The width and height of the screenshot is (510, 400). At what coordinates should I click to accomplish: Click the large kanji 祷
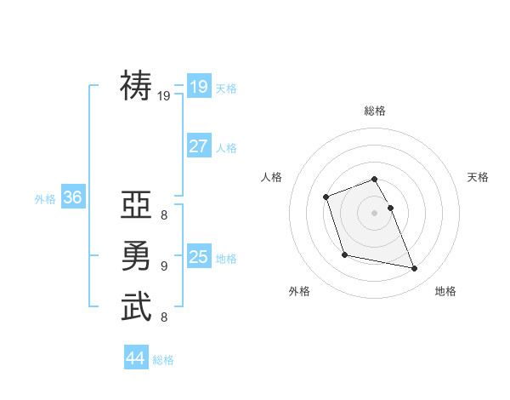click(x=137, y=87)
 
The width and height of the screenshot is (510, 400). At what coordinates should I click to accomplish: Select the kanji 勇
click(x=137, y=255)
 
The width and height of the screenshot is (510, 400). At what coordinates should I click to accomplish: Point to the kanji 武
click(x=137, y=306)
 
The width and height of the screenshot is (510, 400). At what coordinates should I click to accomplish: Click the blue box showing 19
click(x=198, y=86)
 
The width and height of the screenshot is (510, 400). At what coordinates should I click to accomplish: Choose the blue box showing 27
click(x=198, y=146)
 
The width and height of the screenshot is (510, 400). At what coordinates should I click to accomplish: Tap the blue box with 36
click(x=72, y=197)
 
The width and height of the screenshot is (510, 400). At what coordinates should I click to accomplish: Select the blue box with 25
click(x=198, y=256)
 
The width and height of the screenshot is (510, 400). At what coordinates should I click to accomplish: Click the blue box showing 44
click(x=135, y=358)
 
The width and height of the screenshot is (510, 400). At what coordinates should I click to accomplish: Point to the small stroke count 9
click(x=163, y=266)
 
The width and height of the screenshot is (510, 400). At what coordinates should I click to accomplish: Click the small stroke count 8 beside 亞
click(x=163, y=215)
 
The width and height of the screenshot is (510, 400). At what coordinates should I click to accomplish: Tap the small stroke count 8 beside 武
click(x=163, y=317)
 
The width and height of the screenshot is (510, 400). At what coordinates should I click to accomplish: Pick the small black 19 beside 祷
click(x=164, y=96)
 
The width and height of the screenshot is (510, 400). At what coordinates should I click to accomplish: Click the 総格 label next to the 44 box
click(x=163, y=360)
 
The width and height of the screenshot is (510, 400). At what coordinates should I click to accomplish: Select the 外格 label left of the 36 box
click(x=45, y=199)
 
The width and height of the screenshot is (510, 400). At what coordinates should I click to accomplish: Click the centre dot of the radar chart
click(x=374, y=212)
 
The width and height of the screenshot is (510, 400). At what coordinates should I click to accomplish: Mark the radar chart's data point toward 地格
click(x=415, y=269)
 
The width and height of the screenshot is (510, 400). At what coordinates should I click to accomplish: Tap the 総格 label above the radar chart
click(x=374, y=111)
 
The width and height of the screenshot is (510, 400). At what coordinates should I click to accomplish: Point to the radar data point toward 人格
click(x=326, y=197)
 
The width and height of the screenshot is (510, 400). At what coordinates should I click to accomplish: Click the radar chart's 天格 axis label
click(x=478, y=177)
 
